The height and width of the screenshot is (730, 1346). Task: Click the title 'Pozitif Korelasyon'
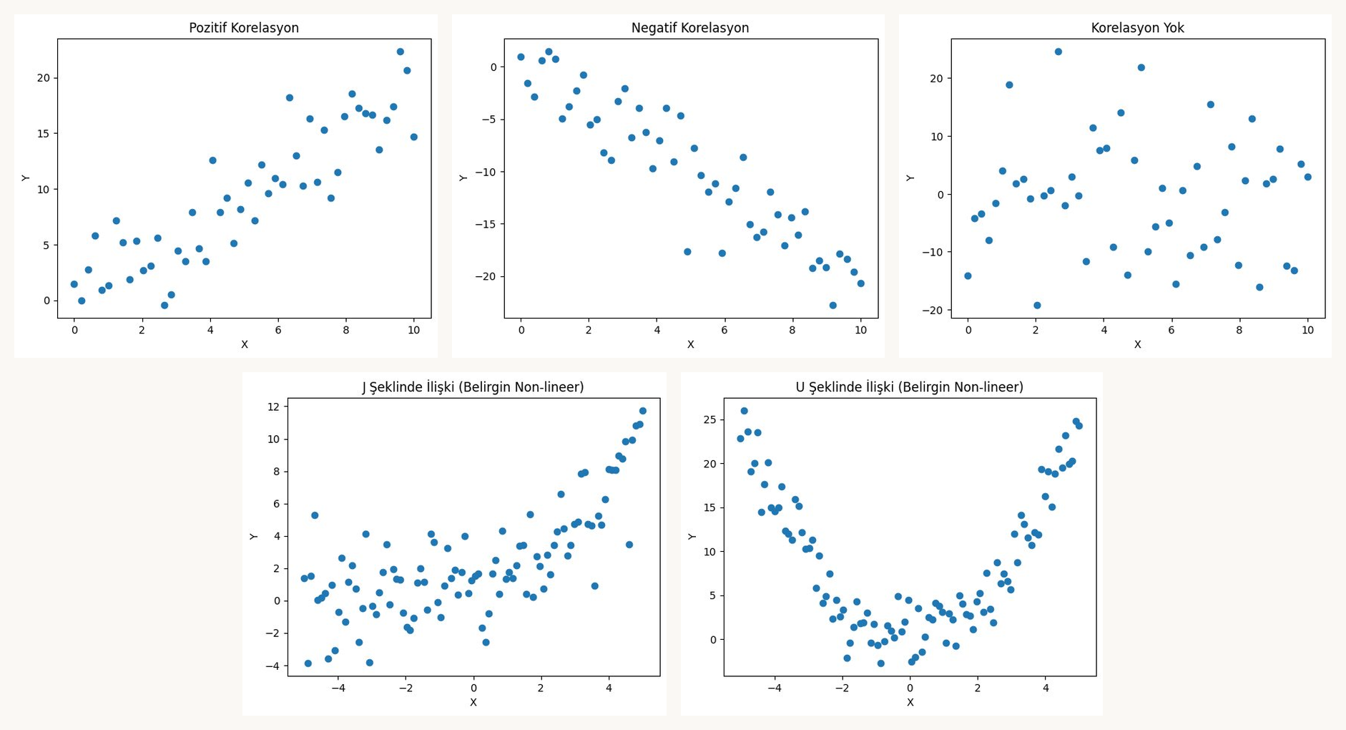coord(244,28)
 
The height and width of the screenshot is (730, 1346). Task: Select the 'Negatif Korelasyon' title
coord(689,28)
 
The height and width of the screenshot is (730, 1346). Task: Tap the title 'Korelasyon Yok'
coord(1137,28)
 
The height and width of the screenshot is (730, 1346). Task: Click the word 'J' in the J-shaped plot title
coord(365,387)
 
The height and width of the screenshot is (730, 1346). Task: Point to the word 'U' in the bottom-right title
coord(800,387)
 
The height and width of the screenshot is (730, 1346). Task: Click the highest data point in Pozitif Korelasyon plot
coord(401,52)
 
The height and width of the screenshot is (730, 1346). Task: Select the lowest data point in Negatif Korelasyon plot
coord(833,306)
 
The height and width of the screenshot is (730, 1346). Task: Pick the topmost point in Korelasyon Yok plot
coord(1058,52)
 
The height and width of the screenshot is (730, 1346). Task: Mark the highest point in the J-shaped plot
coord(643,411)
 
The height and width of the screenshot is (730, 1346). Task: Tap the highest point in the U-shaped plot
coord(745,411)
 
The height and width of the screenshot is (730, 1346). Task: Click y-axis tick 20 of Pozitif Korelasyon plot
coord(44,78)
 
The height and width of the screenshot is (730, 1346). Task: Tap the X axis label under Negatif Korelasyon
coord(691,344)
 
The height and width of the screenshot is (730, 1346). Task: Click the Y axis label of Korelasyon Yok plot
coord(910,177)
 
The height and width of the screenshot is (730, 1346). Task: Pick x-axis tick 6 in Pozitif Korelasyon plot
coord(278,330)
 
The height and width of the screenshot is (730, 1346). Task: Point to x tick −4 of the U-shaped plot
coord(775,688)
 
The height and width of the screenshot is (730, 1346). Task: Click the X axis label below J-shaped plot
coord(473,702)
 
